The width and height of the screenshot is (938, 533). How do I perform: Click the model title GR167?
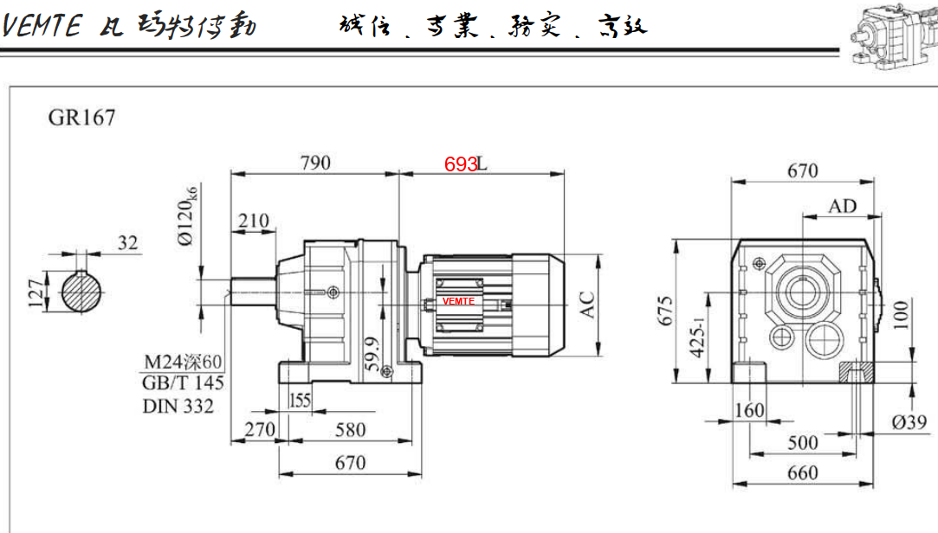(x=81, y=118)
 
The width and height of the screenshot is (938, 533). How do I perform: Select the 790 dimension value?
(x=314, y=162)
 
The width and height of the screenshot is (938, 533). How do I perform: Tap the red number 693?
(x=460, y=164)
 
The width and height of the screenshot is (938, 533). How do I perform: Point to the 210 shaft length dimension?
(x=254, y=221)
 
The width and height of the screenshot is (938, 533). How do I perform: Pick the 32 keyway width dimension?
(x=128, y=243)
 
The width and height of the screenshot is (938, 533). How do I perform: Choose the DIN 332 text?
(x=178, y=406)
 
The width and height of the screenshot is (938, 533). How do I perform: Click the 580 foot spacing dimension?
(x=350, y=429)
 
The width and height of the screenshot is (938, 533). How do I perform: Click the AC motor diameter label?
(x=588, y=305)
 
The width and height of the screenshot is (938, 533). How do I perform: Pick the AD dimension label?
(x=842, y=206)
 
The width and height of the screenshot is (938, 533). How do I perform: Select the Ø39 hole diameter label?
(x=909, y=422)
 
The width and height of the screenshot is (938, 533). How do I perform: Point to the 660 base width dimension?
(x=802, y=472)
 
